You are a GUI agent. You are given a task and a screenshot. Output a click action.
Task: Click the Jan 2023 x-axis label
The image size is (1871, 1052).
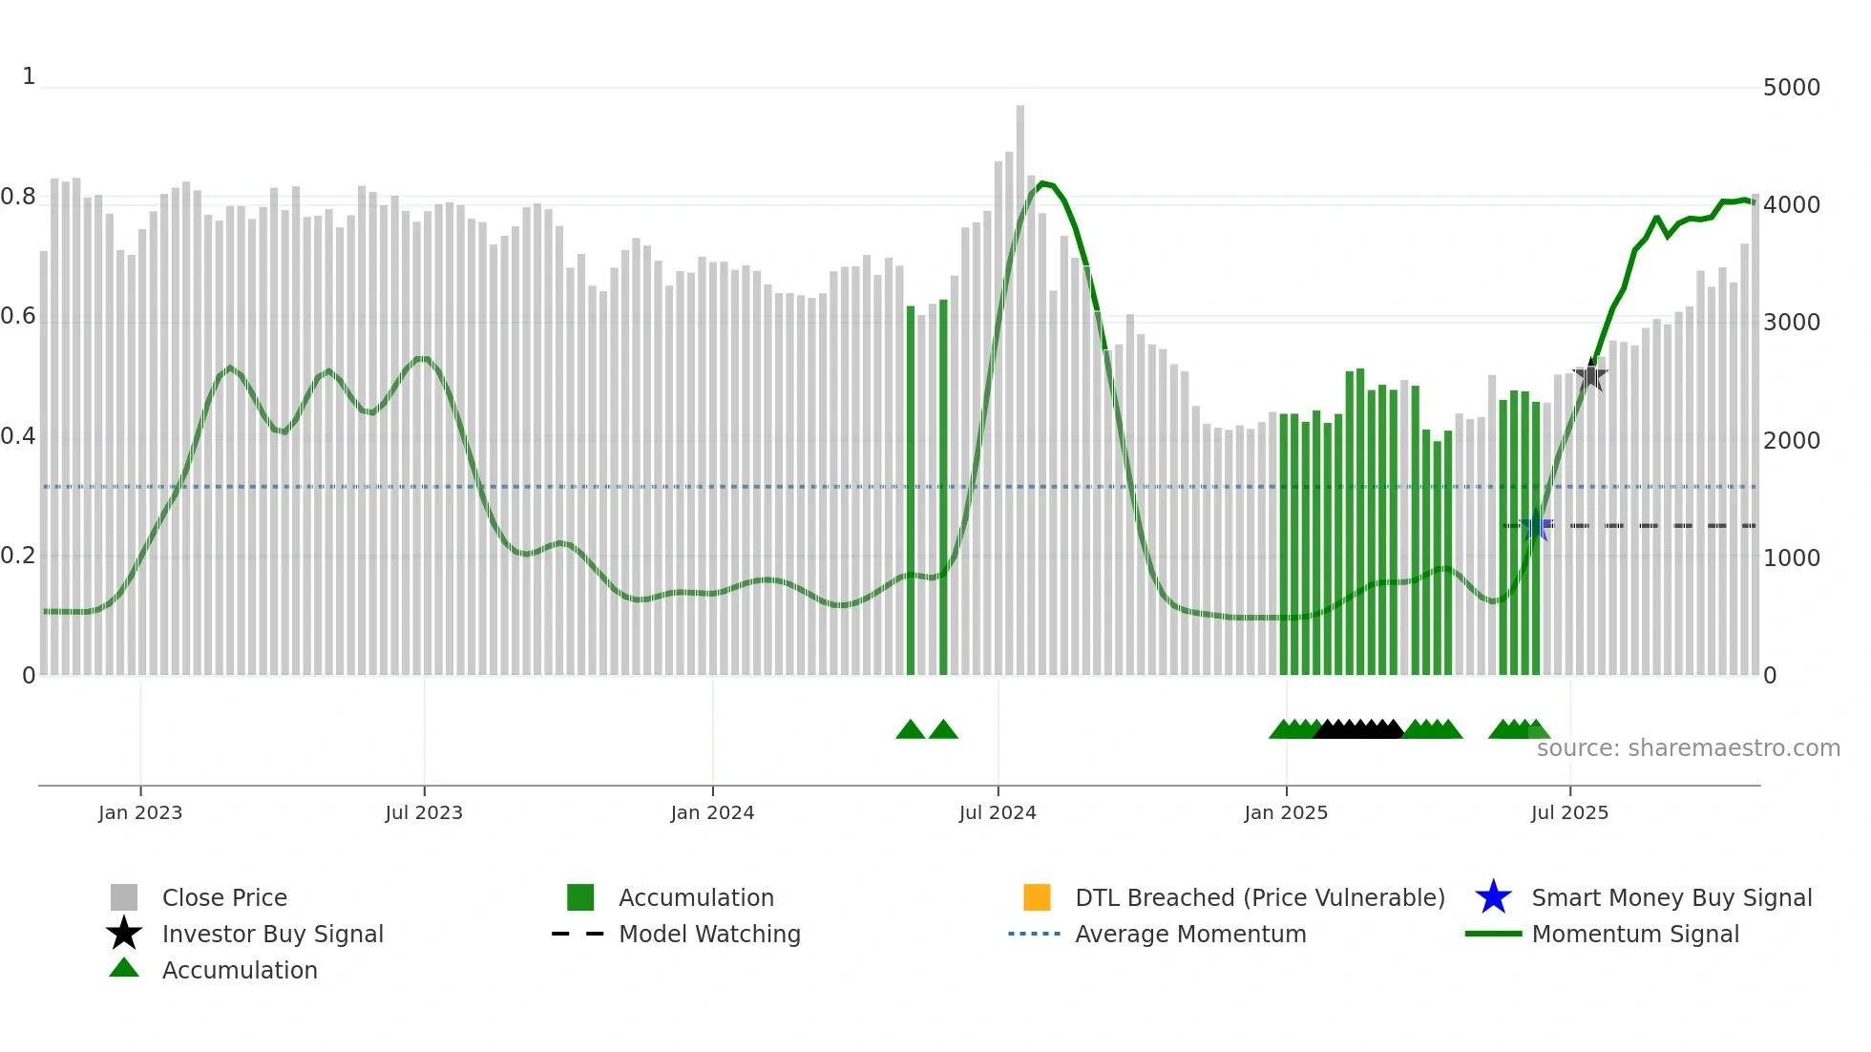pyautogui.click(x=140, y=812)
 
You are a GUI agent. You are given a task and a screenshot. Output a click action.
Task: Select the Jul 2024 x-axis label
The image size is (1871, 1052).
pyautogui.click(x=998, y=812)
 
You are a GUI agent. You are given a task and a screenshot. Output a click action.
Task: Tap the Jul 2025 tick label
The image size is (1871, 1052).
pyautogui.click(x=1569, y=812)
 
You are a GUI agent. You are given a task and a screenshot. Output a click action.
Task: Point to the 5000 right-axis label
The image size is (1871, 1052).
pyautogui.click(x=1792, y=88)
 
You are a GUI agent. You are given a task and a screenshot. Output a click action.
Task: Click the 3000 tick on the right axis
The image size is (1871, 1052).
pyautogui.click(x=1792, y=323)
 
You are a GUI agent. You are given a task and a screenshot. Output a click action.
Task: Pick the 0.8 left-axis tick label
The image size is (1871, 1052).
pyautogui.click(x=18, y=198)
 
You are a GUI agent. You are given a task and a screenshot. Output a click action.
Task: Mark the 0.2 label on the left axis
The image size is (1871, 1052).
pyautogui.click(x=18, y=556)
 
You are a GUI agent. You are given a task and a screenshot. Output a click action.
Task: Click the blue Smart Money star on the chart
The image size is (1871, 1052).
pyautogui.click(x=1536, y=526)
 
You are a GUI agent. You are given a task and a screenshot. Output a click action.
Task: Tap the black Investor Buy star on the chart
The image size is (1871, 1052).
pyautogui.click(x=1590, y=375)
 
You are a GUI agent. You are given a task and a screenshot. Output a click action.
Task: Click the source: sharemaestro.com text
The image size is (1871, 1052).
pyautogui.click(x=1688, y=748)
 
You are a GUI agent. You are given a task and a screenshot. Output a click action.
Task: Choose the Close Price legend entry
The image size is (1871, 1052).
pyautogui.click(x=224, y=897)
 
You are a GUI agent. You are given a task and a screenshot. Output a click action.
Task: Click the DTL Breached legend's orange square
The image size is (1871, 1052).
pyautogui.click(x=1037, y=897)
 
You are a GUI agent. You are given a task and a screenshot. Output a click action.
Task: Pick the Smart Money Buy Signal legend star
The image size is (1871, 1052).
pyautogui.click(x=1493, y=897)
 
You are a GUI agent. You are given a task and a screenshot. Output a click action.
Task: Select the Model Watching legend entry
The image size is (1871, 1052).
pyautogui.click(x=709, y=934)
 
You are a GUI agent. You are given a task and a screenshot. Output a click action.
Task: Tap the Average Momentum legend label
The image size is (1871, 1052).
pyautogui.click(x=1190, y=934)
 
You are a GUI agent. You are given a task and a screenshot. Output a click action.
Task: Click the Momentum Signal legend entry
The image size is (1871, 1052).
pyautogui.click(x=1635, y=934)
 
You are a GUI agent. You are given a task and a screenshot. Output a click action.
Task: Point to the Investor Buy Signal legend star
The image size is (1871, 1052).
pyautogui.click(x=124, y=934)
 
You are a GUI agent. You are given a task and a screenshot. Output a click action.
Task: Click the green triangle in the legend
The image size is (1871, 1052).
pyautogui.click(x=124, y=969)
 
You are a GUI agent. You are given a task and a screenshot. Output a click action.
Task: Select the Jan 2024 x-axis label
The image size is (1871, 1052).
pyautogui.click(x=712, y=812)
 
